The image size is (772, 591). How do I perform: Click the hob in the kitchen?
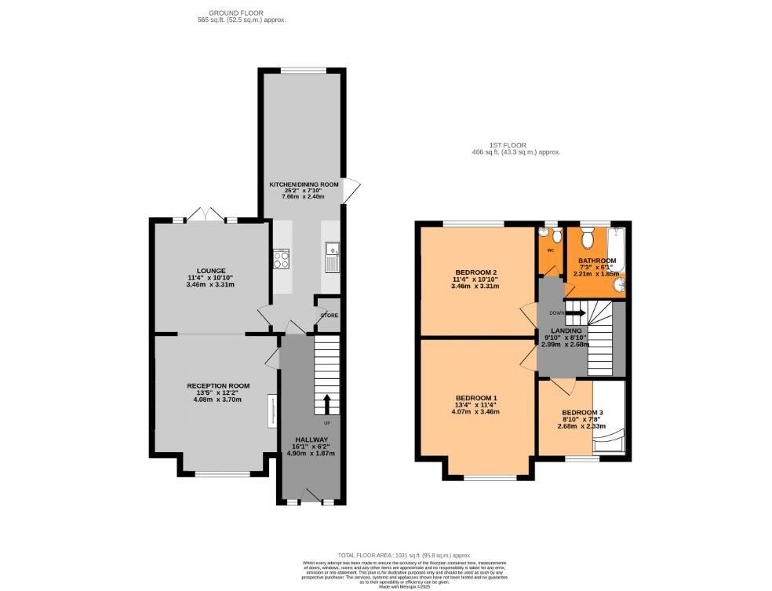pos(281,258)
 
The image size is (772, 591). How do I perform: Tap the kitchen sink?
pos(330,256)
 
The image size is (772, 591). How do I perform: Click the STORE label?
pos(329,316)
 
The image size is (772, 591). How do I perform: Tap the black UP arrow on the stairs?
pos(326,403)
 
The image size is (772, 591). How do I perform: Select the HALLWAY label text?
pos(311,439)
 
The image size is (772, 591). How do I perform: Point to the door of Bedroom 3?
pos(562,385)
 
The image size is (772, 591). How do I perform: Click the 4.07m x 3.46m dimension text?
pos(475,412)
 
